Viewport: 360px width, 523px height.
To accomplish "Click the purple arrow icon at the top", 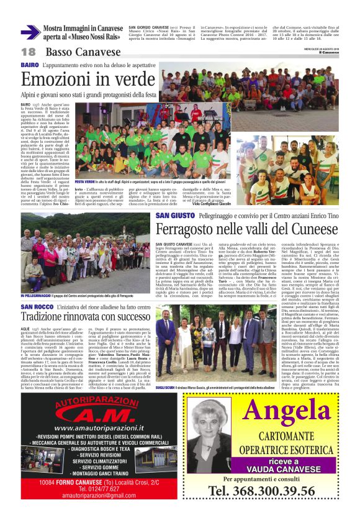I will pos(30,32).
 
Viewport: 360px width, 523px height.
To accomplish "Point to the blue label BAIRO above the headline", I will pos(29,65).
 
